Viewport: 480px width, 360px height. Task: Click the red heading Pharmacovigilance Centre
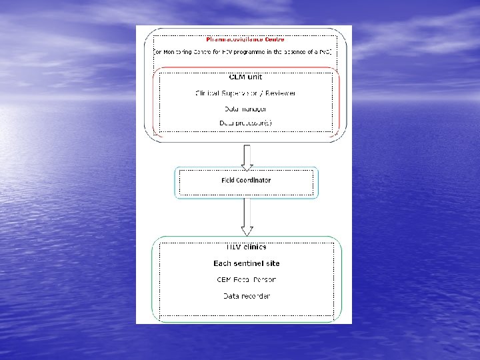coord(245,39)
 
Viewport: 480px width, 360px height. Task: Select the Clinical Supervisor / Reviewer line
coord(246,93)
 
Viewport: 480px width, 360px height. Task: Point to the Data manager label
coord(246,108)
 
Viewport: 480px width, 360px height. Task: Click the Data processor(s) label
coord(246,123)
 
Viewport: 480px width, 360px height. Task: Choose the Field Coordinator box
coord(246,181)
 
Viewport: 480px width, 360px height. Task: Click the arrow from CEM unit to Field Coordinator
coord(247,156)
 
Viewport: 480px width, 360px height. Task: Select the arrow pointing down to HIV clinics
coord(247,217)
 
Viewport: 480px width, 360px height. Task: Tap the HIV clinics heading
coord(246,247)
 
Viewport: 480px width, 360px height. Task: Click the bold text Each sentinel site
coord(246,263)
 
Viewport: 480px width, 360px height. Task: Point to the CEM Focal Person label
coord(246,279)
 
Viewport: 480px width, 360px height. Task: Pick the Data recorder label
coord(246,295)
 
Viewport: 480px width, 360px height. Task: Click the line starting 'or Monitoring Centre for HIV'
coord(243,51)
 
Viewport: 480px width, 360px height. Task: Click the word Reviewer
coord(279,93)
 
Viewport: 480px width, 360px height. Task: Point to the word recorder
coord(256,295)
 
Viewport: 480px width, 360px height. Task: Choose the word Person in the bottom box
coord(265,279)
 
